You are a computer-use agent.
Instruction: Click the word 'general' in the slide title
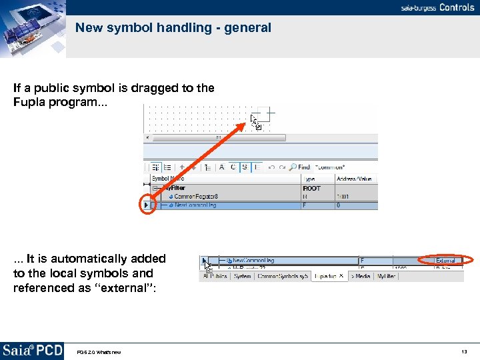click(x=249, y=28)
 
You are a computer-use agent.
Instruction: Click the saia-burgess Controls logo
click(x=437, y=7)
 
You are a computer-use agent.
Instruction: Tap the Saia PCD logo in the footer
click(x=32, y=351)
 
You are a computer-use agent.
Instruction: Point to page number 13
click(x=464, y=351)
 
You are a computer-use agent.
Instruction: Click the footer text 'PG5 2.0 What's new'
click(x=99, y=352)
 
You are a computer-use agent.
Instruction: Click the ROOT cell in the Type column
click(x=312, y=188)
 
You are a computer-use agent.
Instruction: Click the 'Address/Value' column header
click(x=355, y=179)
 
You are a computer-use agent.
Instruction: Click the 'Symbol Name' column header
click(x=168, y=179)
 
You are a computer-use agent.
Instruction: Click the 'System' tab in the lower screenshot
click(x=243, y=276)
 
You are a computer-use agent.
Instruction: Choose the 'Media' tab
click(x=362, y=276)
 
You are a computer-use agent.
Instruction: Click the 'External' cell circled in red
click(x=445, y=260)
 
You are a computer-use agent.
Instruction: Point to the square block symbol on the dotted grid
click(x=263, y=114)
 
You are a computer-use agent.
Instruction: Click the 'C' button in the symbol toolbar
click(x=233, y=167)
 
